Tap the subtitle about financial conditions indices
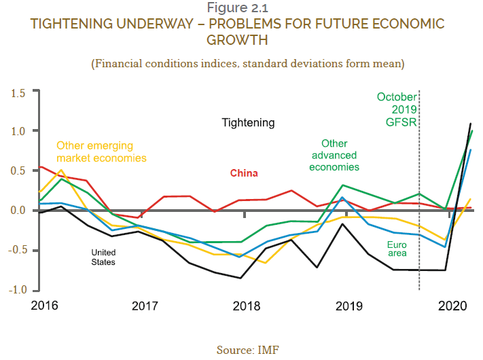tap(248, 64)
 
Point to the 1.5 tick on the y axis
tap(18, 92)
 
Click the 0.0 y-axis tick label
tap(18, 211)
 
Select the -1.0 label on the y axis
tap(16, 290)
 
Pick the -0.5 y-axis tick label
tap(16, 250)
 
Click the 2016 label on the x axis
tap(43, 306)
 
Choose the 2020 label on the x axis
tap(451, 306)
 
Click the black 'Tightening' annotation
tap(249, 123)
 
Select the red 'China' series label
tap(244, 173)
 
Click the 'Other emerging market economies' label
tap(101, 151)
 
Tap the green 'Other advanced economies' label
tap(334, 155)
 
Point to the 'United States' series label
tap(104, 257)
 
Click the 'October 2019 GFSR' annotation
tap(397, 109)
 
